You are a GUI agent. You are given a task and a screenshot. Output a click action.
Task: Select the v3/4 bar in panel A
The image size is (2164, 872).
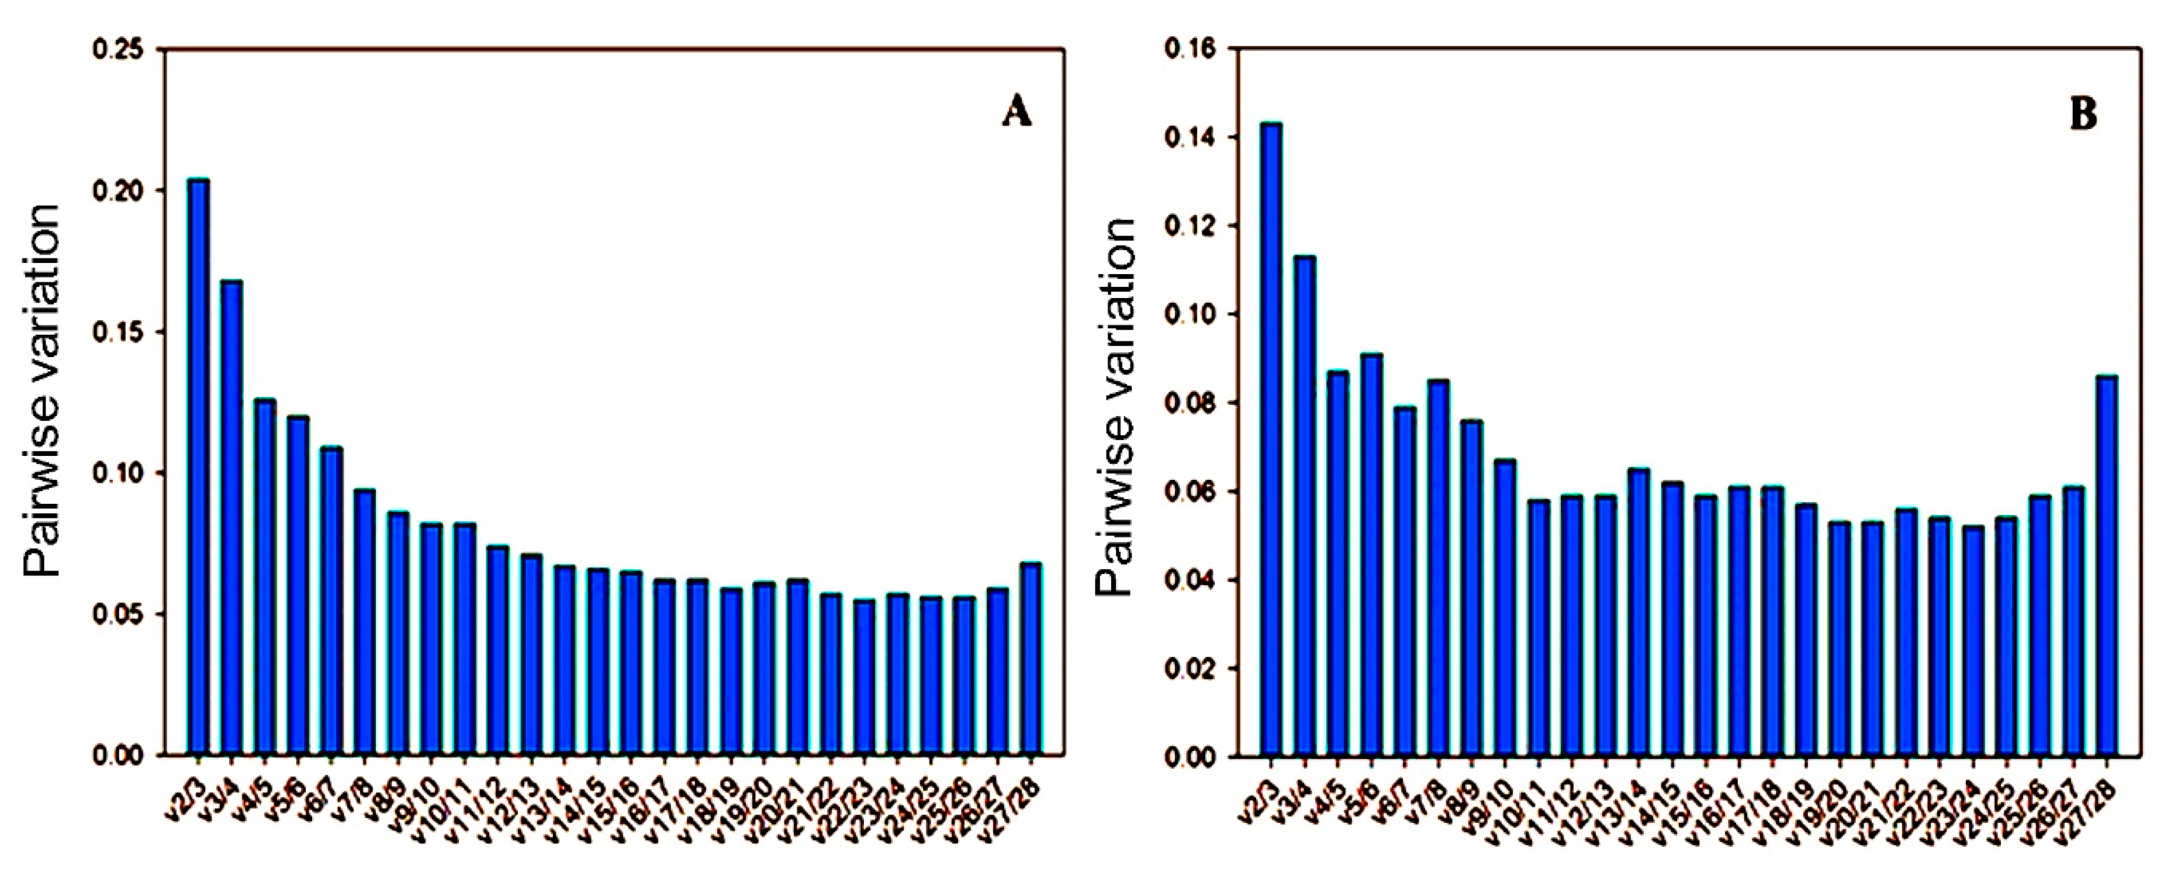[x=232, y=517]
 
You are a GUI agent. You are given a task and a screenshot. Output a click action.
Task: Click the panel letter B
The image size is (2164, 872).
[x=2084, y=114]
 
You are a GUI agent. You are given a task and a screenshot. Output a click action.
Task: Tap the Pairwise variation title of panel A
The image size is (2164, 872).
[x=42, y=390]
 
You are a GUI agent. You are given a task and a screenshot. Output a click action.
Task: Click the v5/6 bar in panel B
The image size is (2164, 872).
[x=1371, y=555]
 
